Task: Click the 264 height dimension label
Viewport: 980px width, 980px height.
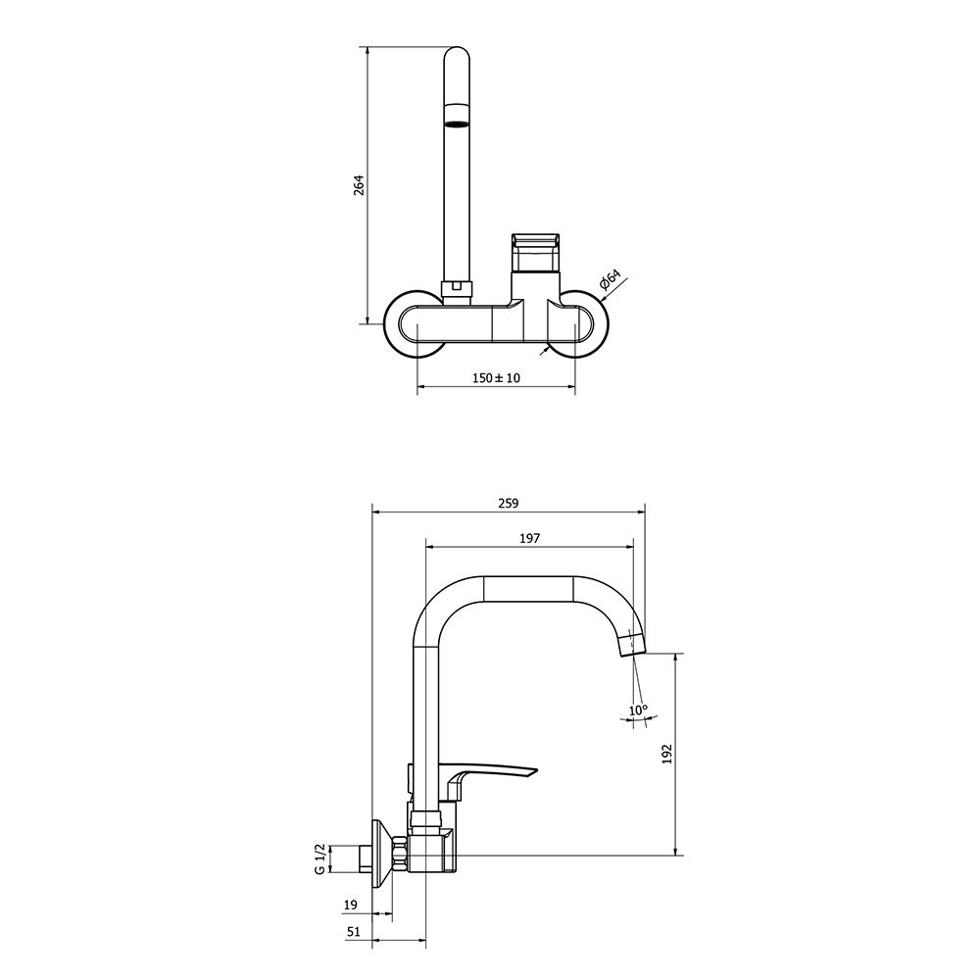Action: [359, 185]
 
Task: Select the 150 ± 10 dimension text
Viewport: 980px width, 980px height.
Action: [496, 377]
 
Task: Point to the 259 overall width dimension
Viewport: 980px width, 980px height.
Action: [508, 503]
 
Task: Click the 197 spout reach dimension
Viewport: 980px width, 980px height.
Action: [529, 537]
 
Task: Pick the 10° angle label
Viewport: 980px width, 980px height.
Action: [638, 710]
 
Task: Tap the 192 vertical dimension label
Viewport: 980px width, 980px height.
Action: [666, 754]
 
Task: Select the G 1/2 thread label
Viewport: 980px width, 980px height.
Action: [319, 858]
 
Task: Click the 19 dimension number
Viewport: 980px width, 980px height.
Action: [351, 904]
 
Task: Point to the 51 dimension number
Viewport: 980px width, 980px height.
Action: [354, 931]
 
